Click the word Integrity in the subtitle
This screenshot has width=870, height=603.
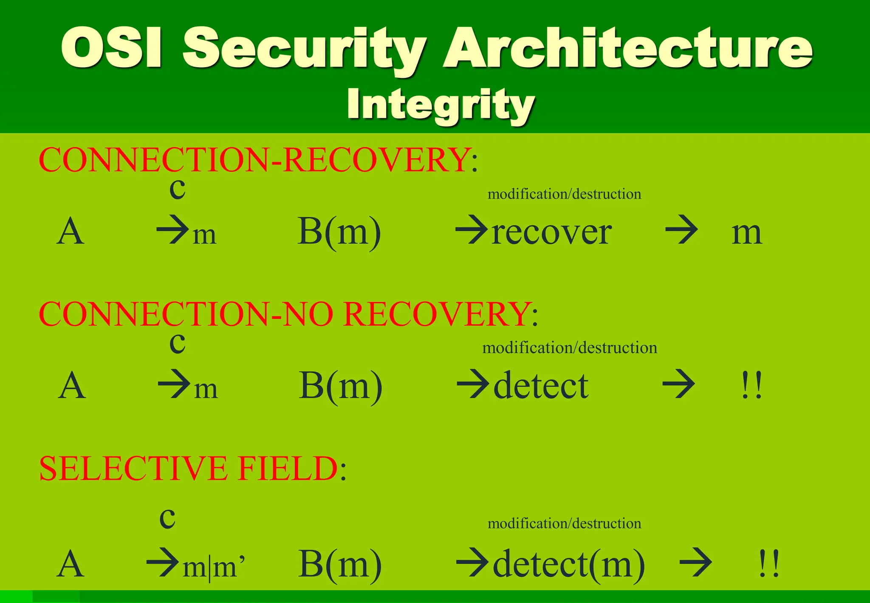click(x=441, y=105)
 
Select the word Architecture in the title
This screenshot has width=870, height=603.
click(x=627, y=48)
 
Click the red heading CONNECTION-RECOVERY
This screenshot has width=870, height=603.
click(x=254, y=160)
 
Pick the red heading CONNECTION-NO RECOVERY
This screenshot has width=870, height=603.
click(x=283, y=314)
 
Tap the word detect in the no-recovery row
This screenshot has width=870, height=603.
click(x=541, y=386)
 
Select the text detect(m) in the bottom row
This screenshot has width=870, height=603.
click(x=569, y=565)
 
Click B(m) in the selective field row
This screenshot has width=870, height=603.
click(x=340, y=564)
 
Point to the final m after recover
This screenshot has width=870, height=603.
click(x=747, y=233)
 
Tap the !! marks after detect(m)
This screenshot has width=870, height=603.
click(x=769, y=564)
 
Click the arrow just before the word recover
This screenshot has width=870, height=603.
click(x=472, y=230)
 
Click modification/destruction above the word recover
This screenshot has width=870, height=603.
click(x=564, y=194)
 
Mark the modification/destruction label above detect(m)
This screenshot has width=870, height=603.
click(x=564, y=523)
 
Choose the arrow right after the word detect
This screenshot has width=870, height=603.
click(x=678, y=384)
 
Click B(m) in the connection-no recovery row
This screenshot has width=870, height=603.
click(x=341, y=385)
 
